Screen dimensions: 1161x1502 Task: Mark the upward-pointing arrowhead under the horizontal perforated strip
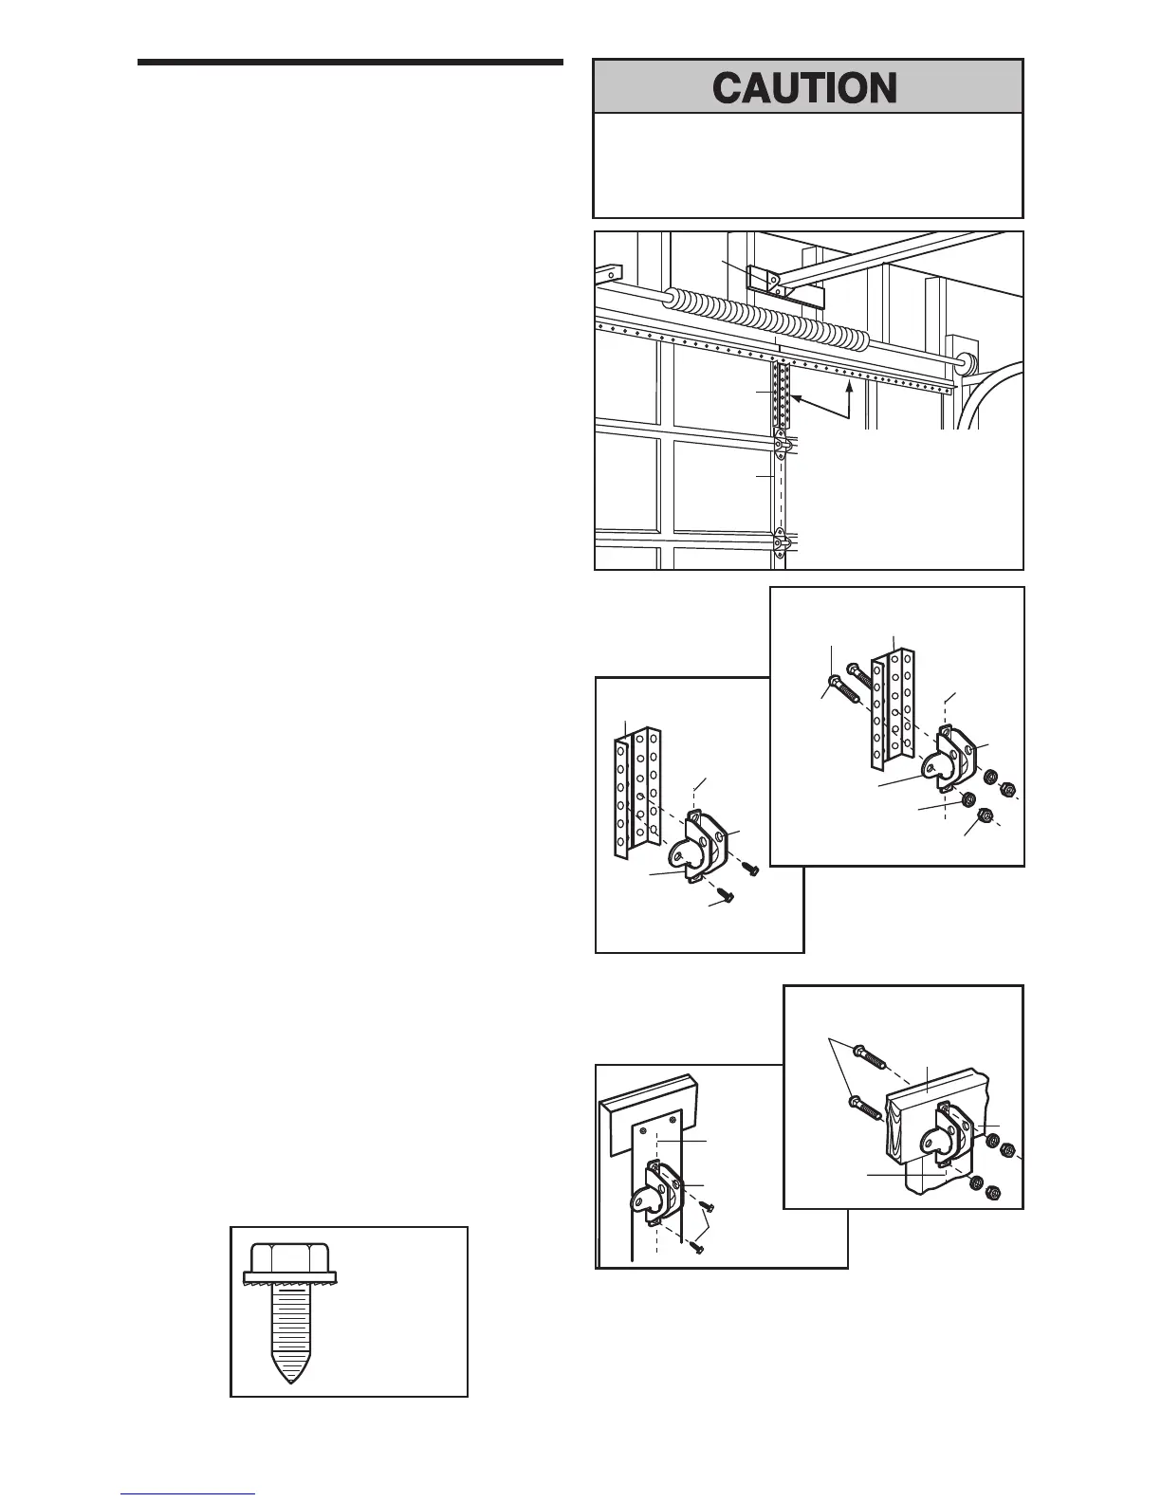pos(850,387)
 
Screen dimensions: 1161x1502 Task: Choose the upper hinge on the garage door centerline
pos(780,444)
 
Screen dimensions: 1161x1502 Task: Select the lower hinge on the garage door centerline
pos(780,544)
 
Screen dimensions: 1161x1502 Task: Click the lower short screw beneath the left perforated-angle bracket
pos(727,892)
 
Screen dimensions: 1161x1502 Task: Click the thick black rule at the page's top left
pos(350,64)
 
